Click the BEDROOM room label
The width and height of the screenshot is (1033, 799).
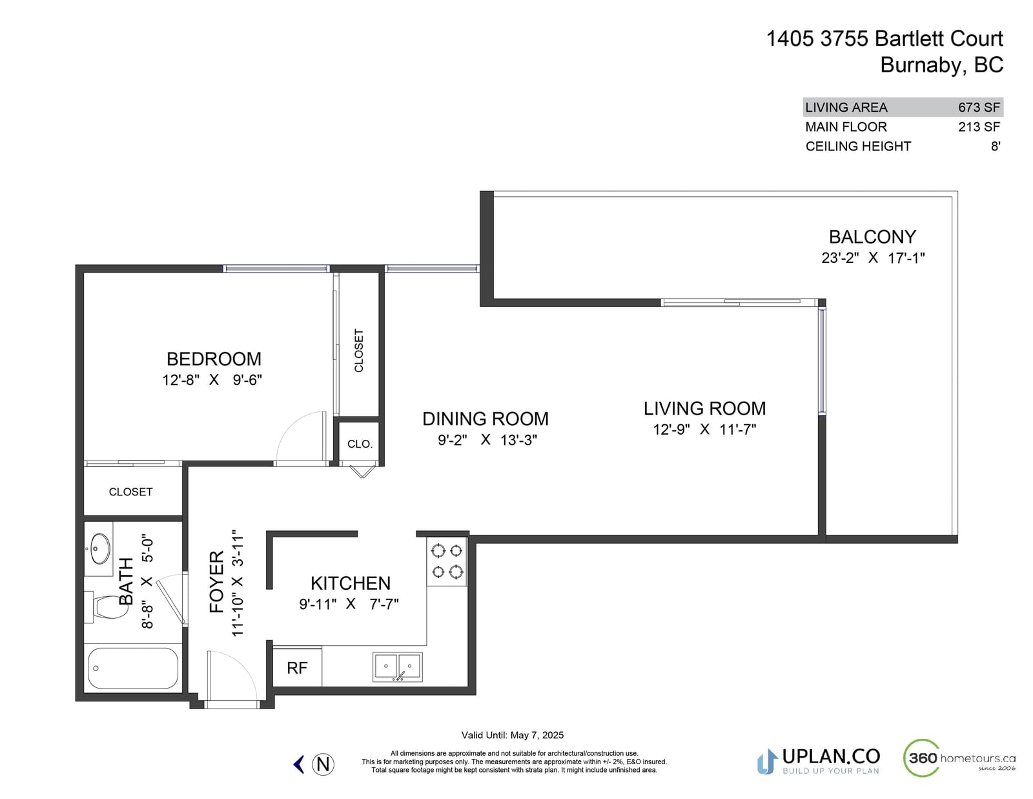[x=214, y=358]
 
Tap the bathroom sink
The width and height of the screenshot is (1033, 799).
[x=100, y=548]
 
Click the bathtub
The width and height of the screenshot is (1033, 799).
[x=133, y=669]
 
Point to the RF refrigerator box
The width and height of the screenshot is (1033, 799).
[x=297, y=667]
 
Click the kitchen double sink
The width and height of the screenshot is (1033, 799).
[x=398, y=667]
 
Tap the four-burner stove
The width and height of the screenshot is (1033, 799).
[x=447, y=561]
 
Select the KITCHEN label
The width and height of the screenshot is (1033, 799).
[x=351, y=583]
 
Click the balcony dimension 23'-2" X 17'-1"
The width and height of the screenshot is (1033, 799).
[x=874, y=258]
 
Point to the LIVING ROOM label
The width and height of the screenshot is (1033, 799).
[x=704, y=408]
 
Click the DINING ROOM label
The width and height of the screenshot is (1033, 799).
[x=486, y=419]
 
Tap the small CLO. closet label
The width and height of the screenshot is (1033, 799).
[x=360, y=444]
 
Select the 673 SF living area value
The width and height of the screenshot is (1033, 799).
[x=979, y=107]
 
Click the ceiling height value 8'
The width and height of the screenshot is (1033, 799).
[x=996, y=147]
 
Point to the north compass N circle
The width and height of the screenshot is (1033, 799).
[x=323, y=764]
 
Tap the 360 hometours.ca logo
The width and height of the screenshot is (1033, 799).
[x=959, y=758]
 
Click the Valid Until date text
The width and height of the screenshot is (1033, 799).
[x=513, y=735]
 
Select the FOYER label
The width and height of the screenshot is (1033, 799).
[x=216, y=582]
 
